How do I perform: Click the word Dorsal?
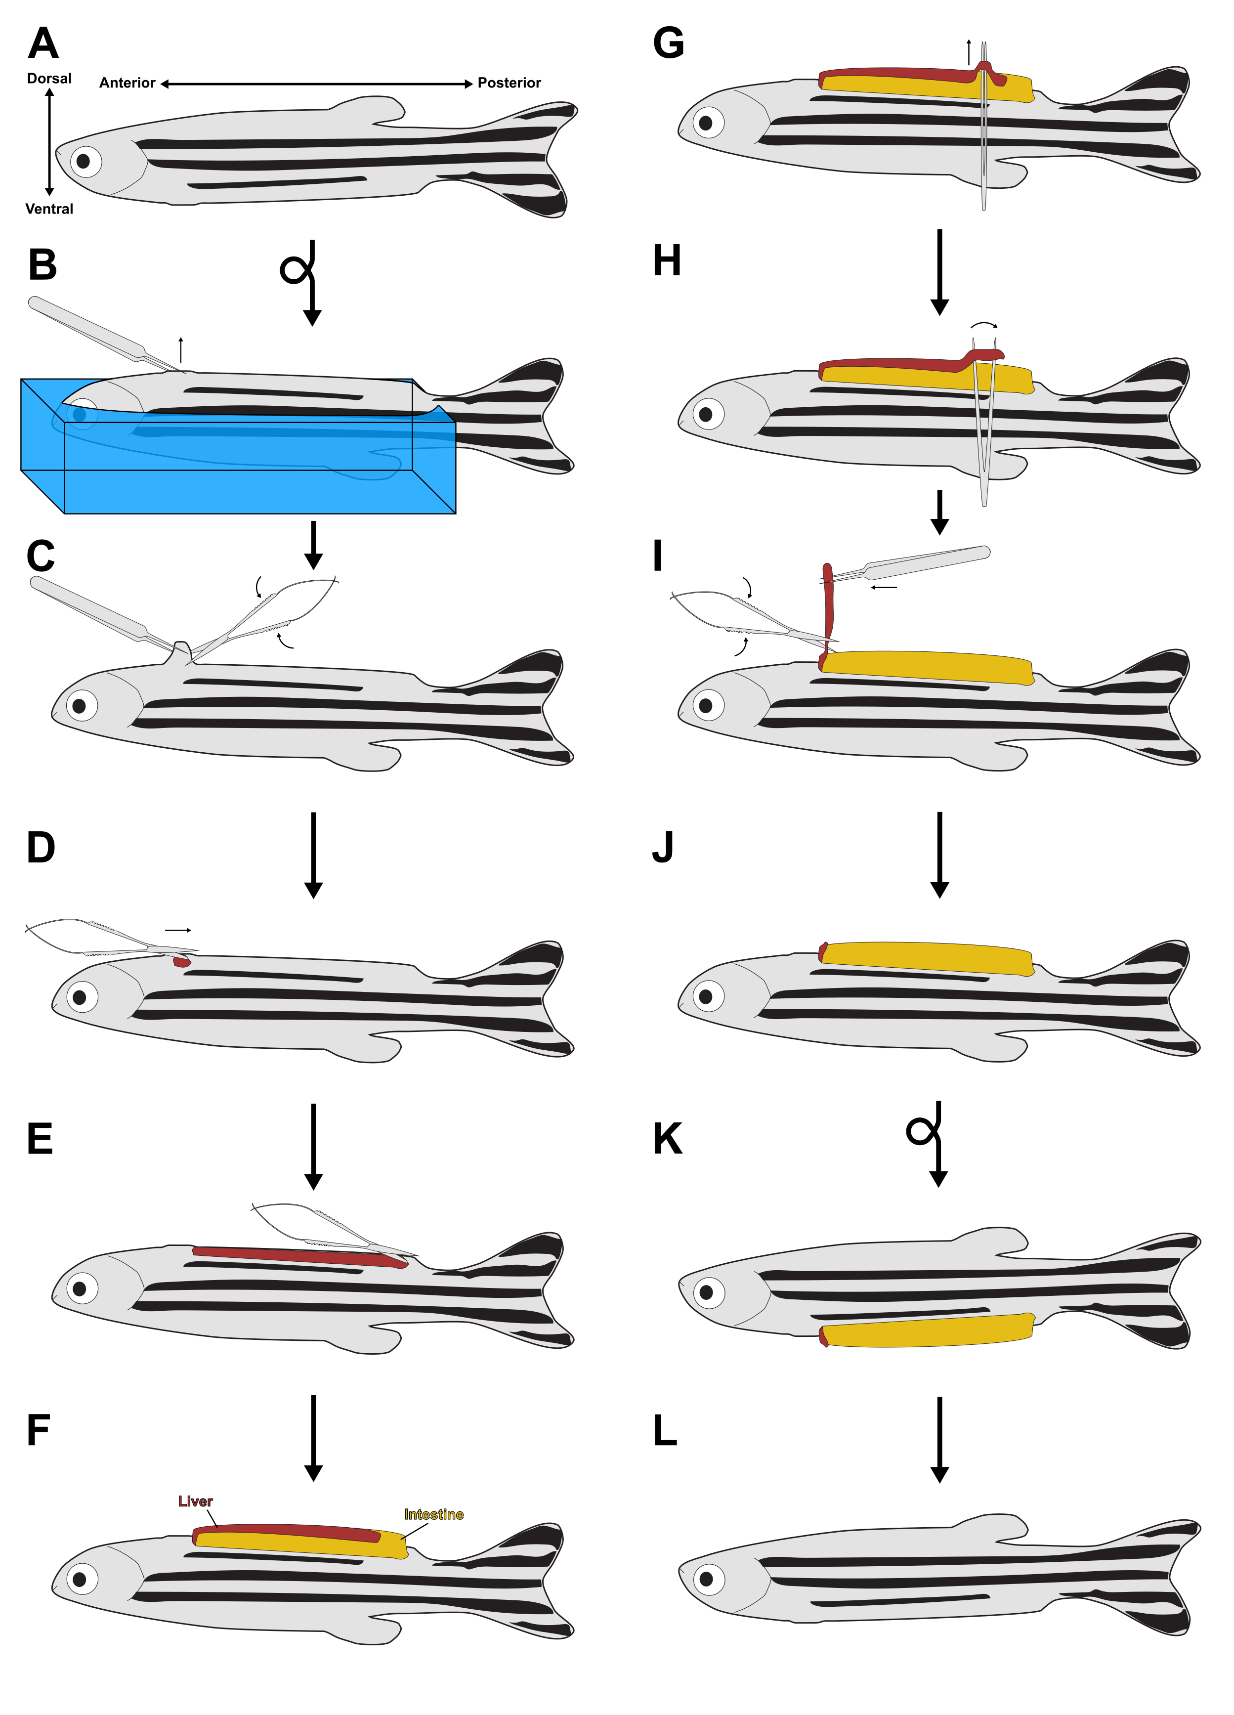tap(49, 79)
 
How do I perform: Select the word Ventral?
tap(49, 209)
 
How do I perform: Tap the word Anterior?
tap(127, 83)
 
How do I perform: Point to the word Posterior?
tap(509, 83)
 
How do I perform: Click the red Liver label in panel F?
tap(195, 1501)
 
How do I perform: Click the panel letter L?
tap(665, 1431)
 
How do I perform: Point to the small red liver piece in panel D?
tap(181, 962)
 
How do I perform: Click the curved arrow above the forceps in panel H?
tap(984, 324)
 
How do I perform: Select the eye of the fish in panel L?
tap(707, 1579)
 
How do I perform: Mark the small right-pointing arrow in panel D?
tap(178, 930)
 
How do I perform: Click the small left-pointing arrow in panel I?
tap(884, 587)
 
